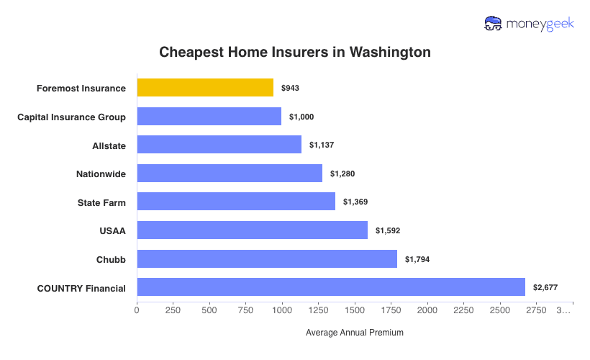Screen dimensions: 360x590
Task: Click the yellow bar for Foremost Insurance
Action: (x=205, y=88)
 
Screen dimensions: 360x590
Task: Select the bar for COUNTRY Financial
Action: (x=331, y=287)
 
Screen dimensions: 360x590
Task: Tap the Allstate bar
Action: (x=219, y=145)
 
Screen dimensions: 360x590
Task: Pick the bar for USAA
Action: (x=252, y=230)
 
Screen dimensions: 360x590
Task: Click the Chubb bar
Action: (x=267, y=259)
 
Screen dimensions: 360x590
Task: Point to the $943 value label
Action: (x=290, y=88)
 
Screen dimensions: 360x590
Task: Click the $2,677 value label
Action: (x=545, y=287)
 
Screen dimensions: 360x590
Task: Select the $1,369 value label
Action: (x=355, y=202)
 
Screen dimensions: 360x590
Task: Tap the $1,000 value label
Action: (x=301, y=117)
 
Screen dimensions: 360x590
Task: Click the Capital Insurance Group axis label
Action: (x=72, y=117)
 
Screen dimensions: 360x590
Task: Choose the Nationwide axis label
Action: (x=101, y=174)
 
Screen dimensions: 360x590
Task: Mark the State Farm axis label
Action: (x=101, y=202)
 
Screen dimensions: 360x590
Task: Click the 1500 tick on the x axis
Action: (x=355, y=311)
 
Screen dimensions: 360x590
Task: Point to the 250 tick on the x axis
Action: (x=173, y=311)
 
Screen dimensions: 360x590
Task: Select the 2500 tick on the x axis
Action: (x=500, y=311)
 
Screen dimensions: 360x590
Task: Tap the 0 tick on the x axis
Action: (x=137, y=311)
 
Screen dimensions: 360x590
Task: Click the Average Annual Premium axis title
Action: (x=354, y=333)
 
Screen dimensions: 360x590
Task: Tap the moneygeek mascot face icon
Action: (x=494, y=24)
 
